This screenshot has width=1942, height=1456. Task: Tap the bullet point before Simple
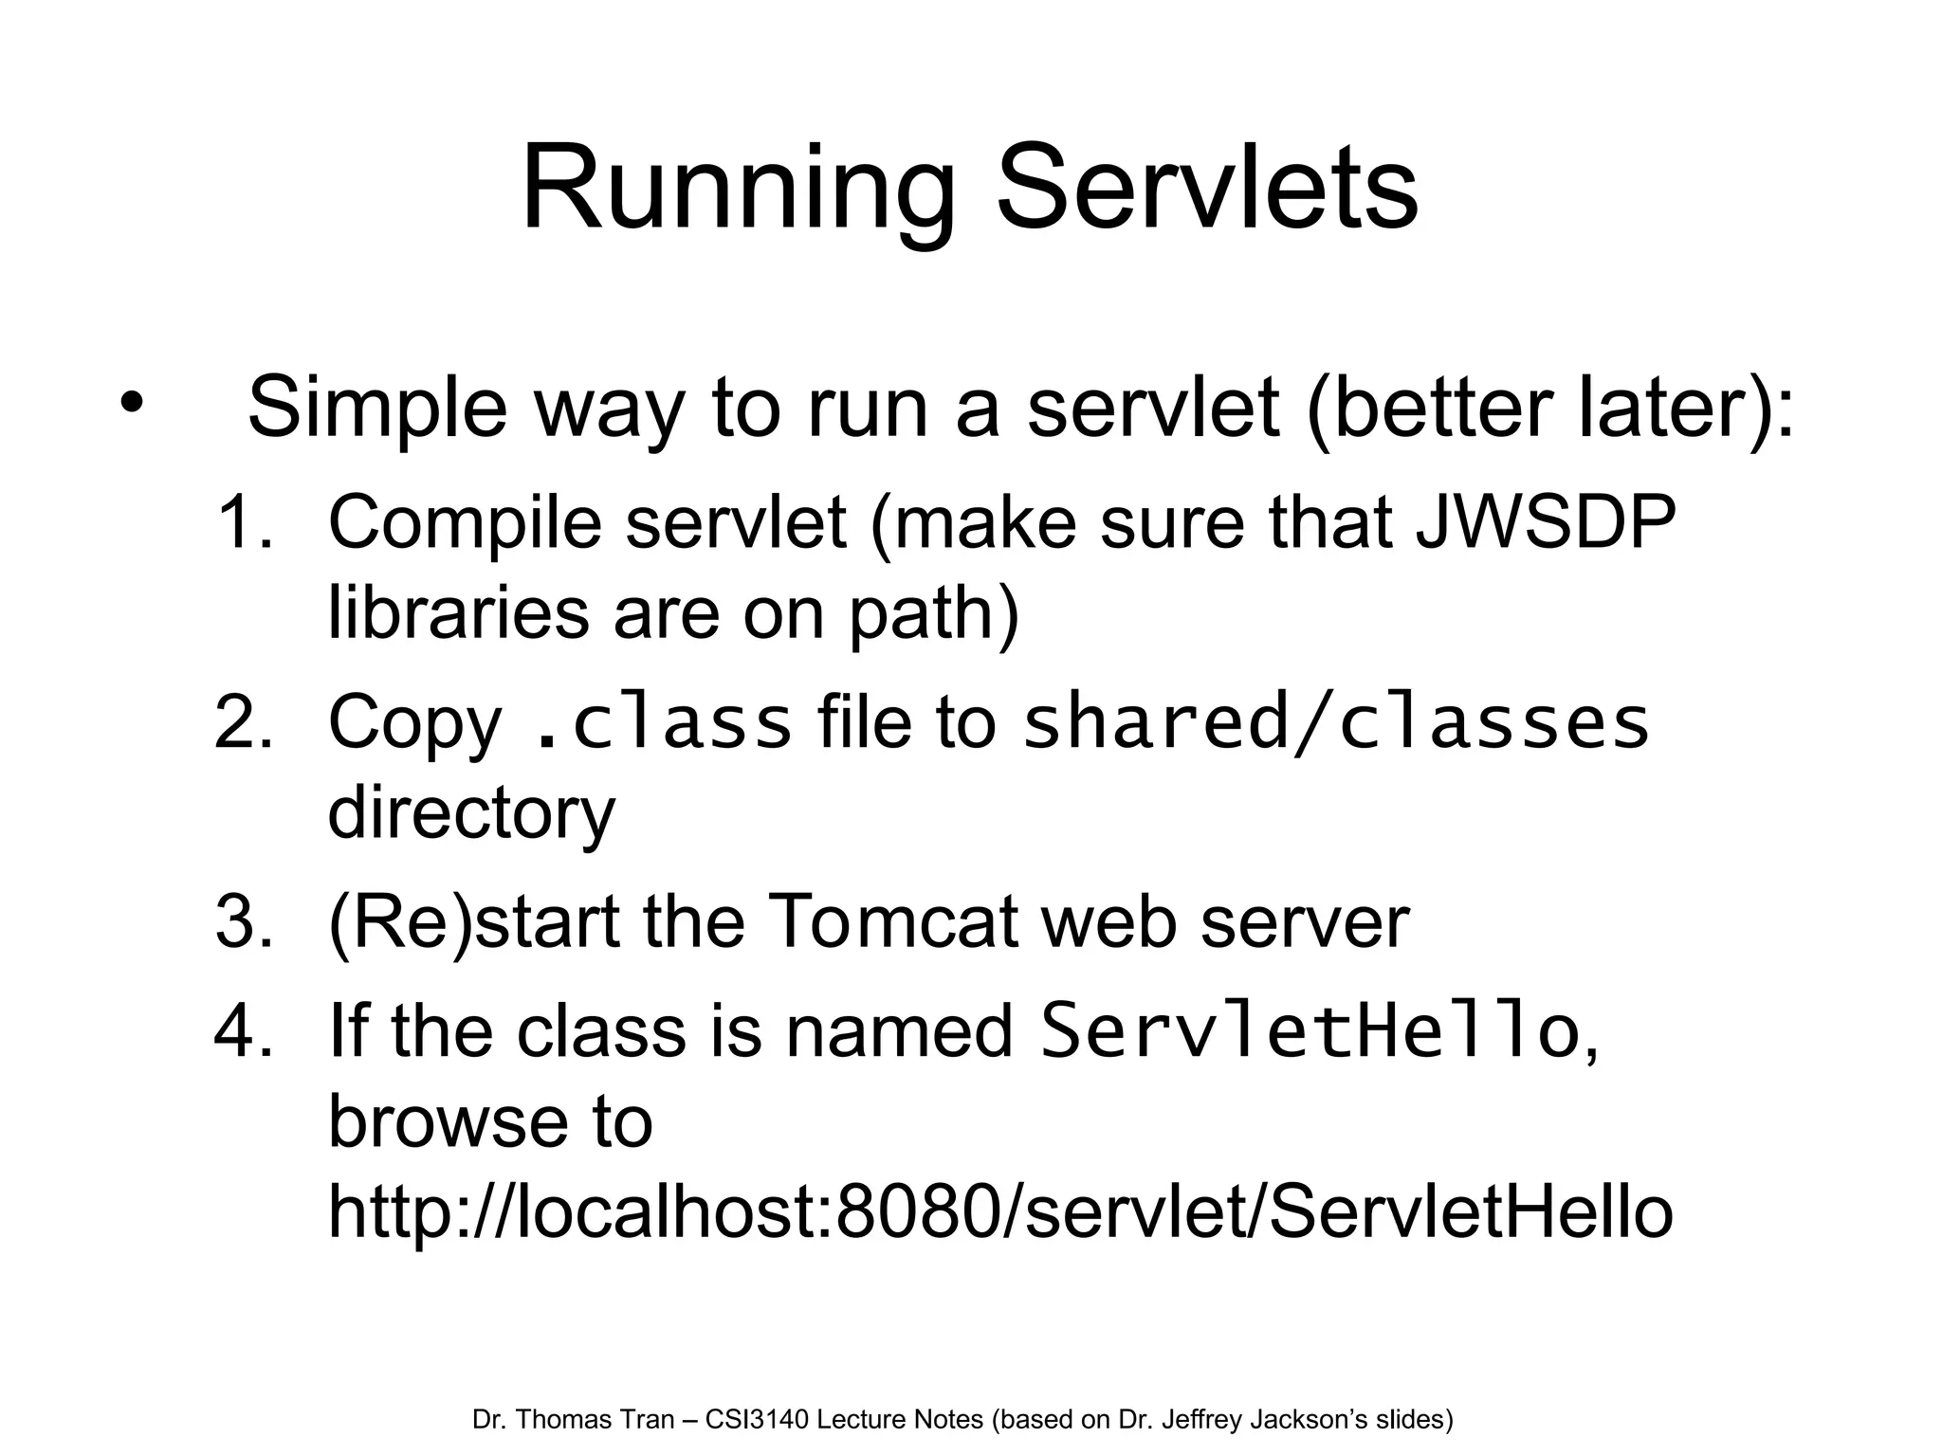(131, 403)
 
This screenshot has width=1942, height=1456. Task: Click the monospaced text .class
(662, 722)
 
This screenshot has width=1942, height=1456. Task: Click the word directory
(471, 813)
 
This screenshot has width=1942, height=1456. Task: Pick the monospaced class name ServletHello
(1309, 1031)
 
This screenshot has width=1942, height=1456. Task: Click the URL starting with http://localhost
(1000, 1212)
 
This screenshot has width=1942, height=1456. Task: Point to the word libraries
(458, 612)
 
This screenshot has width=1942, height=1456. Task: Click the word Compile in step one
(465, 523)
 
